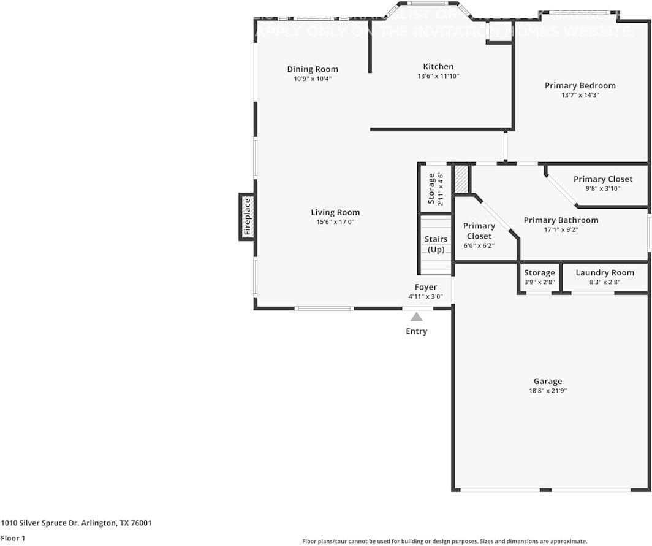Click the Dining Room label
point(313,69)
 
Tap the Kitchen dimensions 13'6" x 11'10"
point(438,76)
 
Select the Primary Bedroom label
point(580,86)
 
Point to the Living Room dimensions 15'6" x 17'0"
point(335,222)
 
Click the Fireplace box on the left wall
point(247,217)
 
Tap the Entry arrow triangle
point(417,317)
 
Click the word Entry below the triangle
point(417,331)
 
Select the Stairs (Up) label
point(436,244)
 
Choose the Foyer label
point(426,287)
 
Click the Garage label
point(547,381)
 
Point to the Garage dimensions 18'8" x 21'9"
point(547,390)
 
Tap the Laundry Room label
point(604,272)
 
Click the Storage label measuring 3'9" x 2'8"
point(539,272)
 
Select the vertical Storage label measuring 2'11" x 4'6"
point(431,188)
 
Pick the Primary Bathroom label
point(561,220)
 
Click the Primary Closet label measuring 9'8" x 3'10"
point(602,179)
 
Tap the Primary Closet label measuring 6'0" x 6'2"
point(479,231)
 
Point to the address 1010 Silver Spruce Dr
point(76,523)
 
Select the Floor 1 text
point(13,538)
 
